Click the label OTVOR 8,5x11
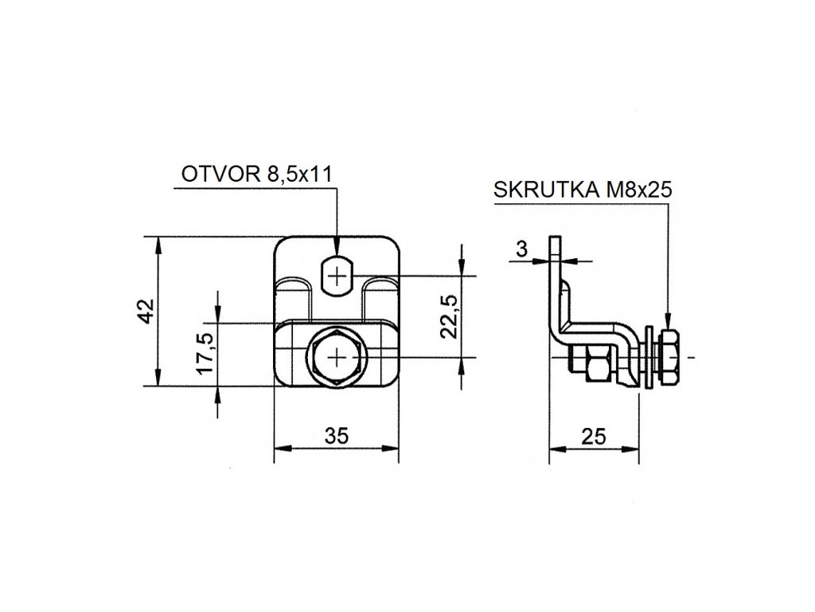tap(256, 174)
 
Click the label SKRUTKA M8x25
tap(583, 190)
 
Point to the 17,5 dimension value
tap(206, 353)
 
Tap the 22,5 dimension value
tap(449, 317)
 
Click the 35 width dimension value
tap(337, 436)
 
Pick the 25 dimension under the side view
tap(594, 437)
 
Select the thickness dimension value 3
tap(522, 249)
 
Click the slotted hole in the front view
tap(337, 275)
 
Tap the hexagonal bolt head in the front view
tap(337, 357)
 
